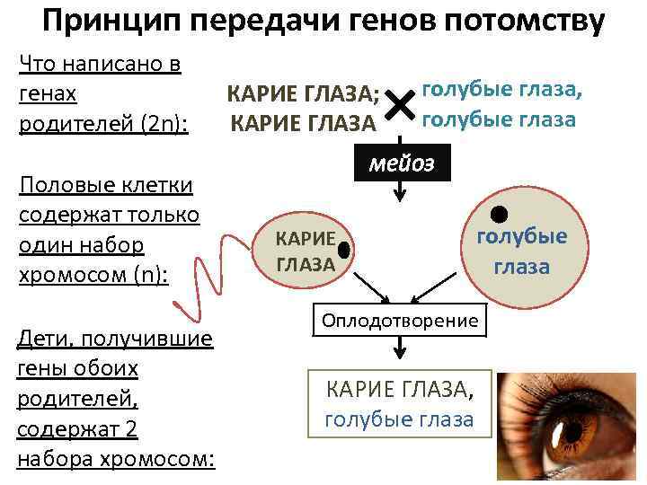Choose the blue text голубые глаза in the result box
point(398,419)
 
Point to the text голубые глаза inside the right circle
point(521,251)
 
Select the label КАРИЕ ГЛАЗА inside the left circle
point(306,251)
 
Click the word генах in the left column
point(47,93)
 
